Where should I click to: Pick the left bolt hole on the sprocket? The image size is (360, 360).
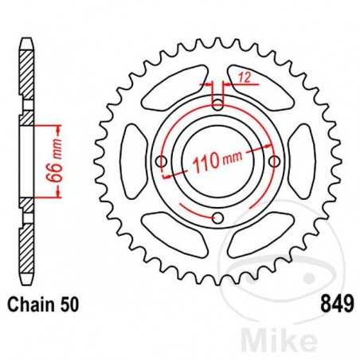coord(162,162)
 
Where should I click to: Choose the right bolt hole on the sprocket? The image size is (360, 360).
coord(276,162)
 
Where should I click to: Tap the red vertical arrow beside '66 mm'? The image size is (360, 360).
coord(57,162)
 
